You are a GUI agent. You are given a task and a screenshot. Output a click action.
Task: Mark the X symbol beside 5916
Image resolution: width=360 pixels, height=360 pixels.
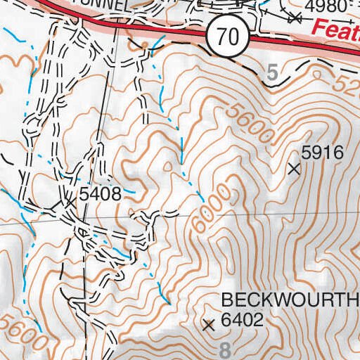point(295,168)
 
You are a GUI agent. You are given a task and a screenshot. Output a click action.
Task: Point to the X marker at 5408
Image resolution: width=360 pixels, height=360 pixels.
point(70,202)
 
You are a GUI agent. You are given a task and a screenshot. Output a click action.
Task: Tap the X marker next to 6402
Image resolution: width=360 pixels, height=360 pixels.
point(207,325)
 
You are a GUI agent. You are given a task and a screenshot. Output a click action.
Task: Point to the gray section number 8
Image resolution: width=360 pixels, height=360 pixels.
point(224,350)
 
